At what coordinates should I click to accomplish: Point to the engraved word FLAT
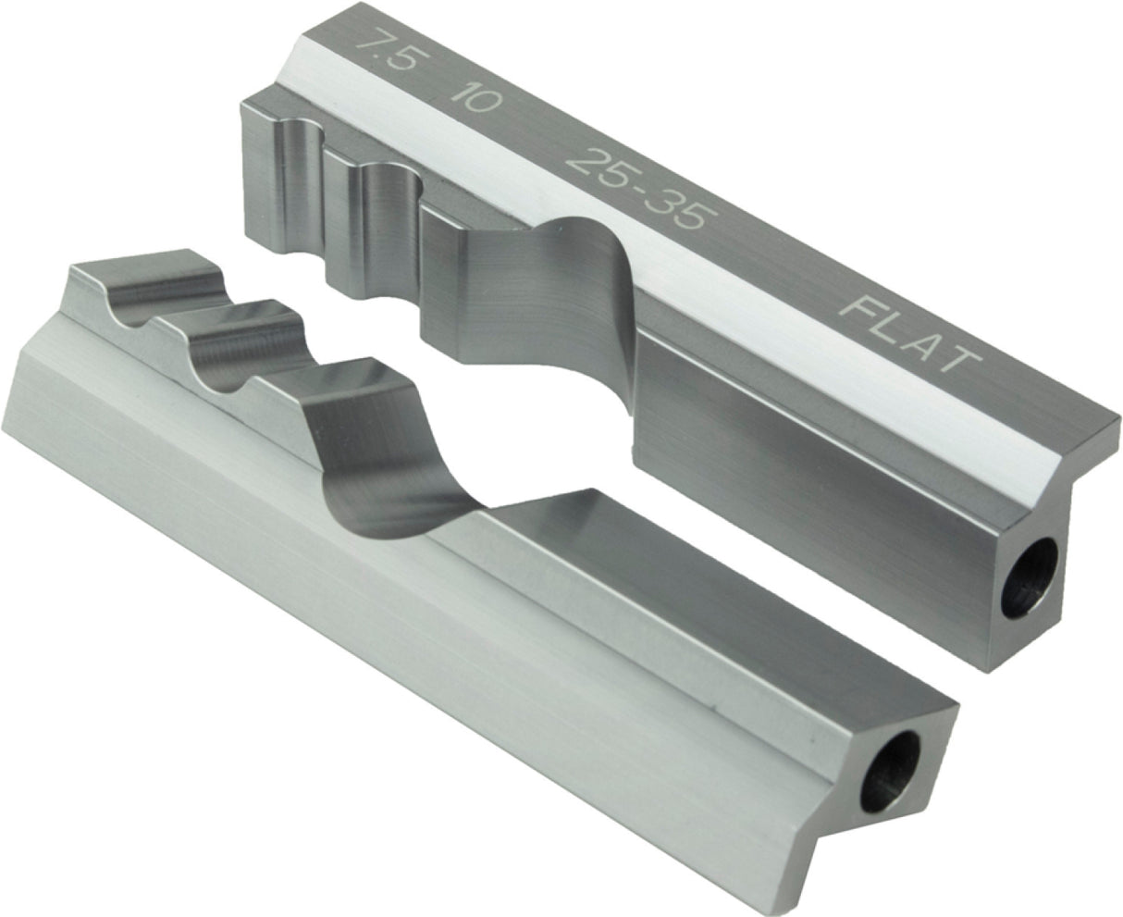(x=912, y=335)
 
